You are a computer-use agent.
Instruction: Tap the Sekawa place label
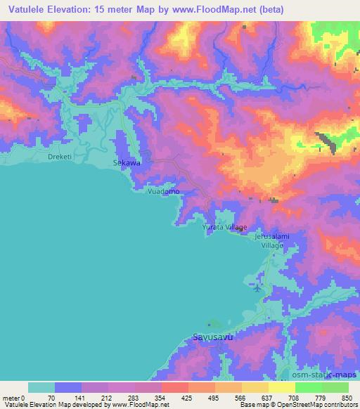pyautogui.click(x=127, y=162)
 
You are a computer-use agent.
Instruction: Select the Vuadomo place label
pyautogui.click(x=163, y=191)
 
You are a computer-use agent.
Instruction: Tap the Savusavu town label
pyautogui.click(x=212, y=337)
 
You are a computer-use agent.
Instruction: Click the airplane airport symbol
pyautogui.click(x=257, y=288)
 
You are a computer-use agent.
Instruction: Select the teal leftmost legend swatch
pyautogui.click(x=41, y=387)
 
